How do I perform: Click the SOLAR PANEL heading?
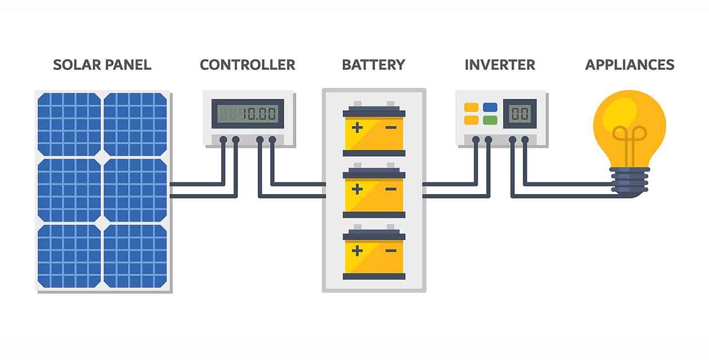click(x=102, y=65)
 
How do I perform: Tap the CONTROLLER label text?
click(x=247, y=65)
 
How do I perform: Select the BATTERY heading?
click(x=373, y=65)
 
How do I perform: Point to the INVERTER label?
click(x=500, y=65)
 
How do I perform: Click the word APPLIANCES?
click(x=629, y=65)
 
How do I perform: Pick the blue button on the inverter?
click(x=490, y=107)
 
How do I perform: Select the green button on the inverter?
click(x=490, y=120)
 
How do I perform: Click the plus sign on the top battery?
click(x=357, y=128)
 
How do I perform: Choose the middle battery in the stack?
click(x=374, y=190)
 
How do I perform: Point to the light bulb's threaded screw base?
click(x=630, y=181)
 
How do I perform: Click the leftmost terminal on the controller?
click(x=223, y=139)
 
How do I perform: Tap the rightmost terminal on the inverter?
click(x=525, y=139)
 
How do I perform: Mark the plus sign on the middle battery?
click(x=357, y=189)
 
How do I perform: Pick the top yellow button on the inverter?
click(x=471, y=107)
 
